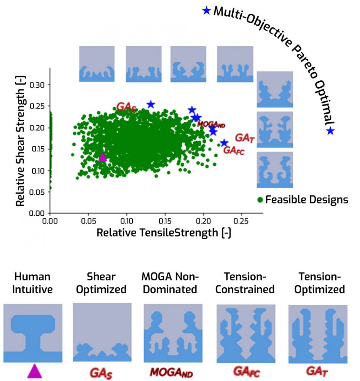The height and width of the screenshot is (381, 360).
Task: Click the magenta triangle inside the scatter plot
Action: (x=102, y=157)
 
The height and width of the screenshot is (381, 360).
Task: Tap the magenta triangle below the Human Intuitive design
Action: (x=34, y=371)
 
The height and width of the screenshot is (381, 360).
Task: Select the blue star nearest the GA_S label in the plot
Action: (x=151, y=104)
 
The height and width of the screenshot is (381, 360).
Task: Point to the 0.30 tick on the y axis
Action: (x=38, y=84)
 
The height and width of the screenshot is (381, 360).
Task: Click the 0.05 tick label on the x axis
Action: (x=88, y=221)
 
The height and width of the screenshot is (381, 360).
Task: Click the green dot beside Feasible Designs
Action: (x=260, y=199)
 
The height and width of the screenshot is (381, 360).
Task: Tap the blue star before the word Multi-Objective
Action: (x=206, y=11)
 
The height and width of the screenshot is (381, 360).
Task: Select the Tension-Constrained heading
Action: (x=245, y=283)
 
